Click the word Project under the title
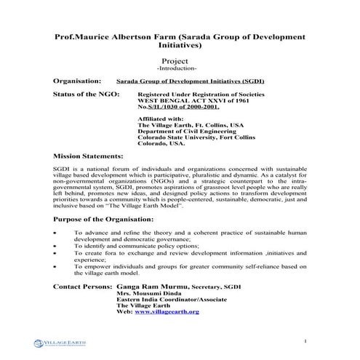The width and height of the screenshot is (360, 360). coord(180,61)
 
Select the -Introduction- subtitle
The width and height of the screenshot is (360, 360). coord(180,69)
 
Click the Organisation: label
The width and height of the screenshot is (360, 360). coord(79,82)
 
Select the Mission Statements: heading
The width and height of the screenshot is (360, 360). coord(89,156)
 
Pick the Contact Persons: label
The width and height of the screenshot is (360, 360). coord(82,287)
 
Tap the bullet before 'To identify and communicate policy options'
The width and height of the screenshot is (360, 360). coord(56,247)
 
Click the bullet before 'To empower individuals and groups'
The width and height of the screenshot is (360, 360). coord(56,267)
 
